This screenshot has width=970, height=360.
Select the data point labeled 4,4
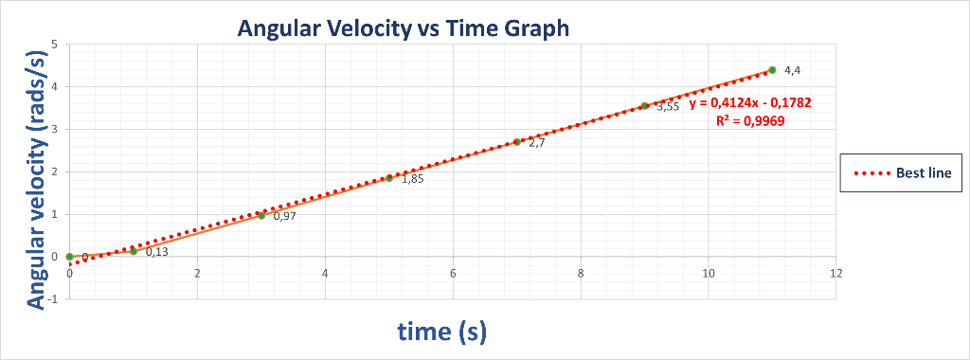(772, 70)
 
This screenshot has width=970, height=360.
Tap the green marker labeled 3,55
(644, 106)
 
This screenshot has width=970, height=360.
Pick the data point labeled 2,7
(517, 142)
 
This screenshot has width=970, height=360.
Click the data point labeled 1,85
(389, 178)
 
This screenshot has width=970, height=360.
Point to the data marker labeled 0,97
(261, 215)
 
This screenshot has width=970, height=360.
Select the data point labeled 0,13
(134, 251)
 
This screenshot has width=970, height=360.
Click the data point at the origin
(70, 257)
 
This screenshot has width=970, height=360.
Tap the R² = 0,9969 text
(749, 120)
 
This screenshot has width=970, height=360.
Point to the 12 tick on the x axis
(835, 273)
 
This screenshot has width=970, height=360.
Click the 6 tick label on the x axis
(453, 273)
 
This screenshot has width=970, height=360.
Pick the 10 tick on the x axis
(708, 273)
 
